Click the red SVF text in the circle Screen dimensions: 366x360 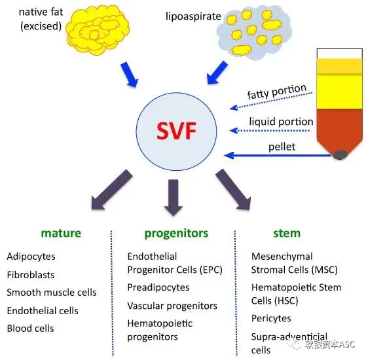(176, 131)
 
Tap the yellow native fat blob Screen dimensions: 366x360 (98, 30)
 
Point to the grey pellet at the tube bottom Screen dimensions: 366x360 (340, 154)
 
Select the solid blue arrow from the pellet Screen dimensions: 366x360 (278, 155)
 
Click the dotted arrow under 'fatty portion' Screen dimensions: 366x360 (271, 101)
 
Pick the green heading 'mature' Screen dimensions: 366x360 (61, 233)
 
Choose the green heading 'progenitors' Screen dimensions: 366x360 (176, 234)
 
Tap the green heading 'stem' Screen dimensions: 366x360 (287, 233)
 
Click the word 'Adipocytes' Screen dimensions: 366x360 (31, 257)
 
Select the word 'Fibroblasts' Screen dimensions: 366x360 (31, 275)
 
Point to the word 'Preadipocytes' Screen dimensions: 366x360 (158, 288)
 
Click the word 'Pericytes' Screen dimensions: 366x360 (271, 319)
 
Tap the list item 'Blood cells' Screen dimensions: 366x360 (30, 329)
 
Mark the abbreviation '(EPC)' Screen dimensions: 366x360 (211, 270)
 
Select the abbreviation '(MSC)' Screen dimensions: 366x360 (325, 270)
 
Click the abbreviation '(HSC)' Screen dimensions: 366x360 (286, 300)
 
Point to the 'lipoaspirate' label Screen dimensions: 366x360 (193, 16)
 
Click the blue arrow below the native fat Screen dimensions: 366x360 (130, 75)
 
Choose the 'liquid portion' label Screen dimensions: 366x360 (281, 122)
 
